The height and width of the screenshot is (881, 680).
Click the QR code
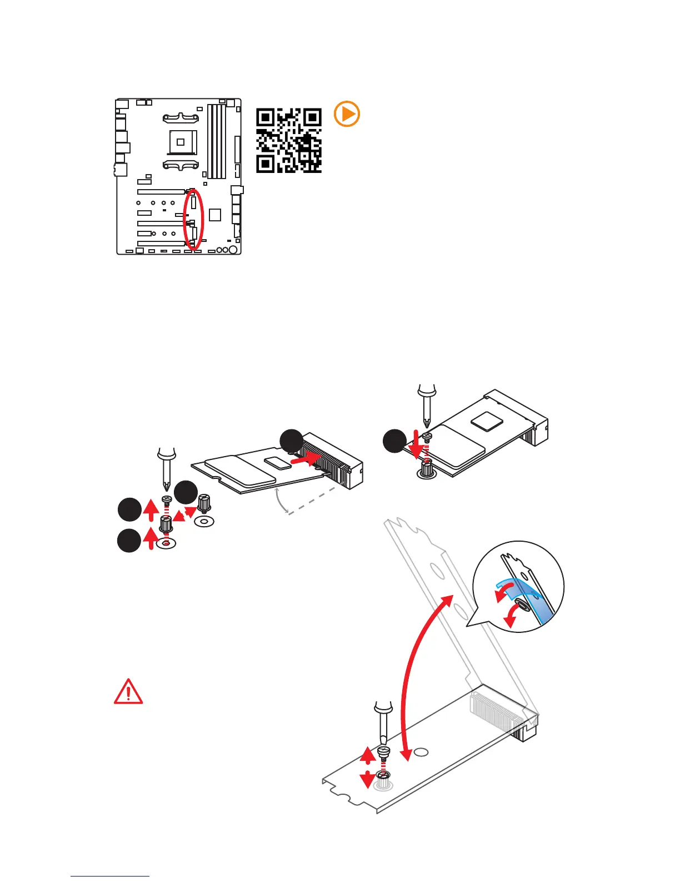[288, 140]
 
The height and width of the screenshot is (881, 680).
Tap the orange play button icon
[347, 115]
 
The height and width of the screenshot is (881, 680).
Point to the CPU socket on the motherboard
[181, 142]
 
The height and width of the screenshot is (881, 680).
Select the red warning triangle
[128, 692]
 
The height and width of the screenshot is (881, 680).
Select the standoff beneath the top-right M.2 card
[426, 471]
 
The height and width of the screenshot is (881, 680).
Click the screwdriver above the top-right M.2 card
[426, 403]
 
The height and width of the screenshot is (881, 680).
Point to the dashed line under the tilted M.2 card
[311, 499]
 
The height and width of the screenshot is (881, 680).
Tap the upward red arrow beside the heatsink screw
[367, 755]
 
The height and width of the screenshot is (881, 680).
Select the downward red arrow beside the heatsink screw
[367, 779]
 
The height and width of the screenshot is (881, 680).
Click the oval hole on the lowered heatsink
[422, 752]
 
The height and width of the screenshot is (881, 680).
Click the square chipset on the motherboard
[216, 215]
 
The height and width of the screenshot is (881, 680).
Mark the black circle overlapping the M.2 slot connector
[292, 441]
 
